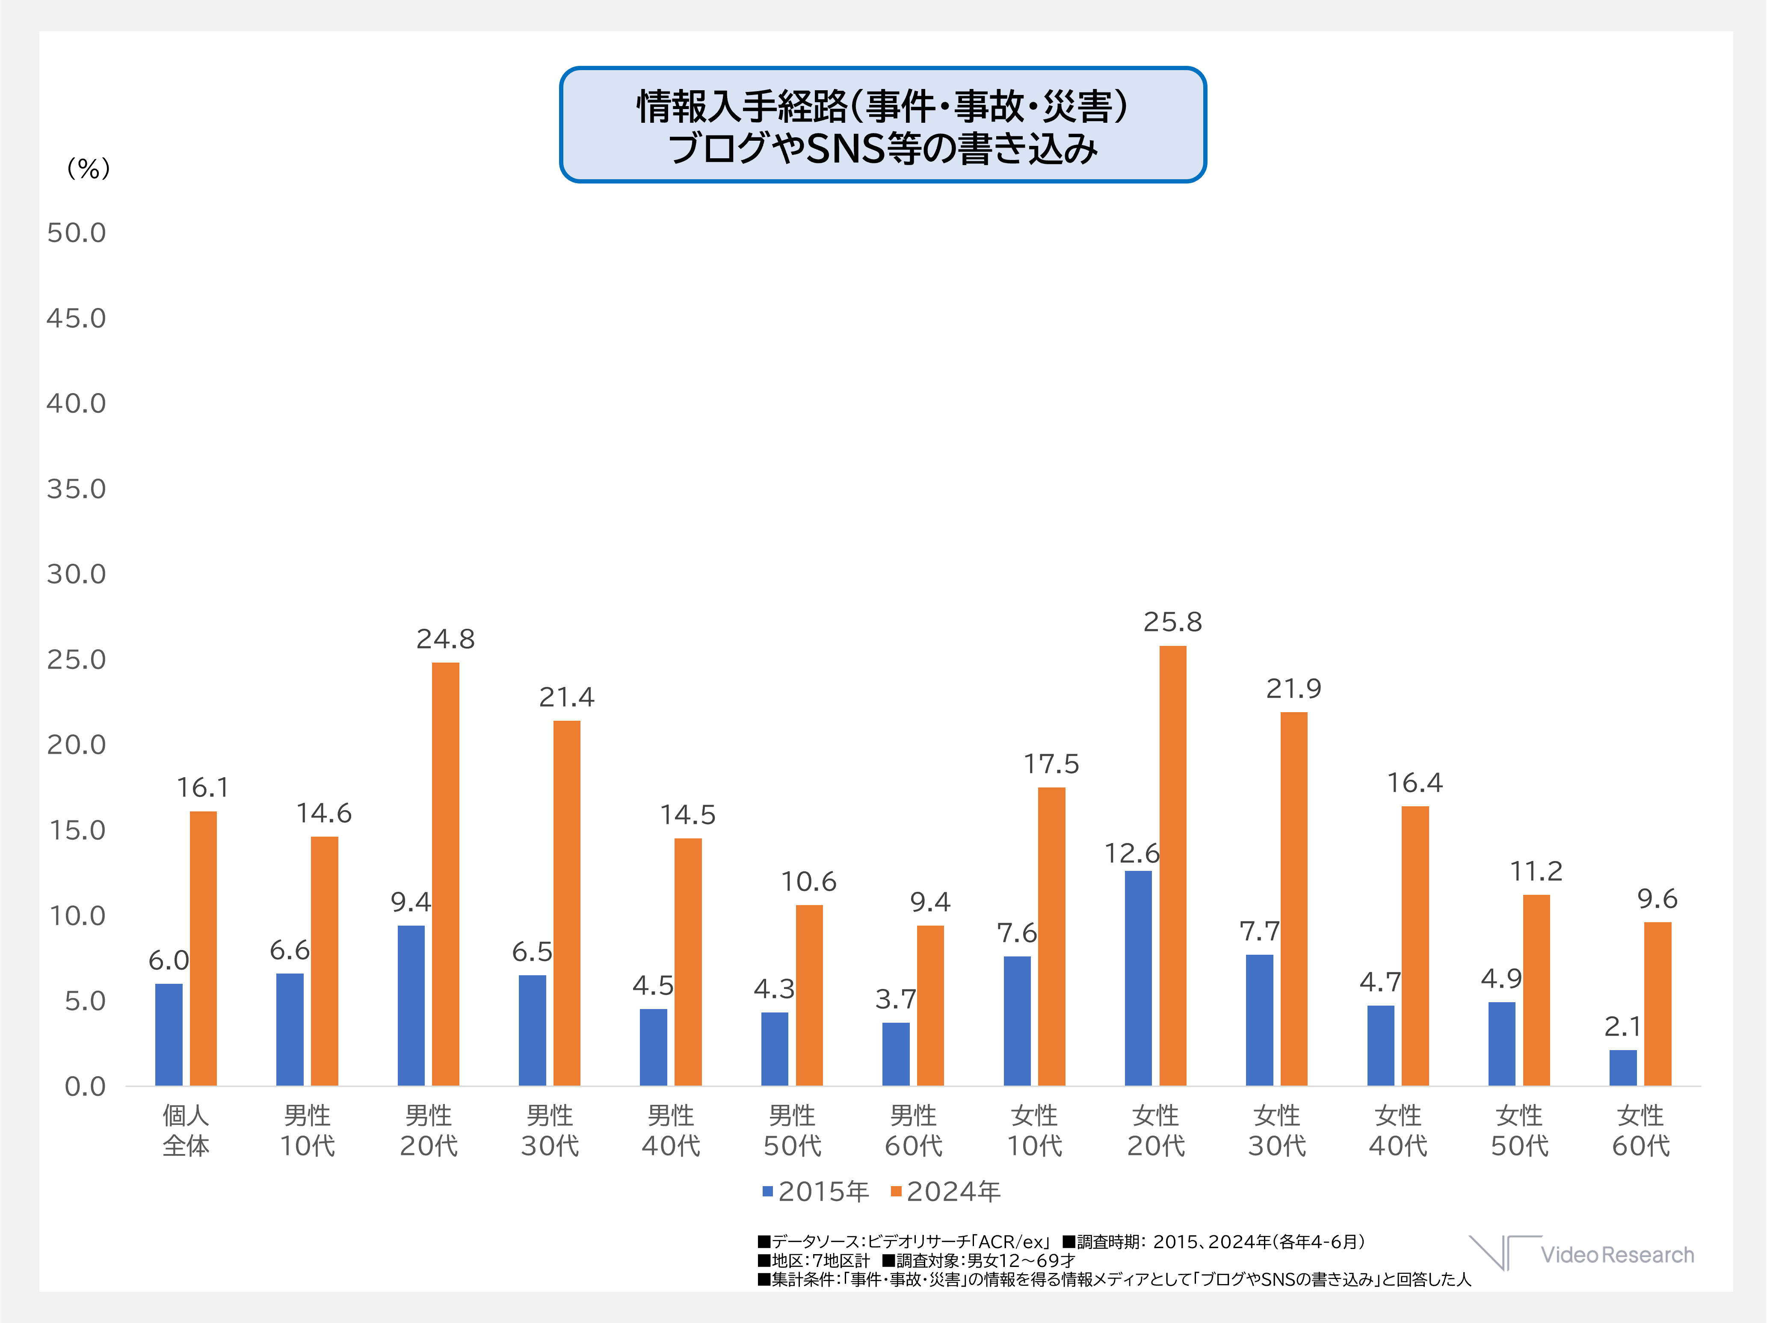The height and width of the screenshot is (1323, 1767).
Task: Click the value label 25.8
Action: coord(1172,622)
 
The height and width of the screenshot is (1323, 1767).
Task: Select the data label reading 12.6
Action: coord(1131,853)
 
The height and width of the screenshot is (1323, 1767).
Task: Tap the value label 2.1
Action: coord(1622,1026)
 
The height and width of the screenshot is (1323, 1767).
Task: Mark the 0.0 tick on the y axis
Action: coord(85,1086)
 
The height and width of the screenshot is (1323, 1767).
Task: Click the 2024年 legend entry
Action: coord(946,1191)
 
